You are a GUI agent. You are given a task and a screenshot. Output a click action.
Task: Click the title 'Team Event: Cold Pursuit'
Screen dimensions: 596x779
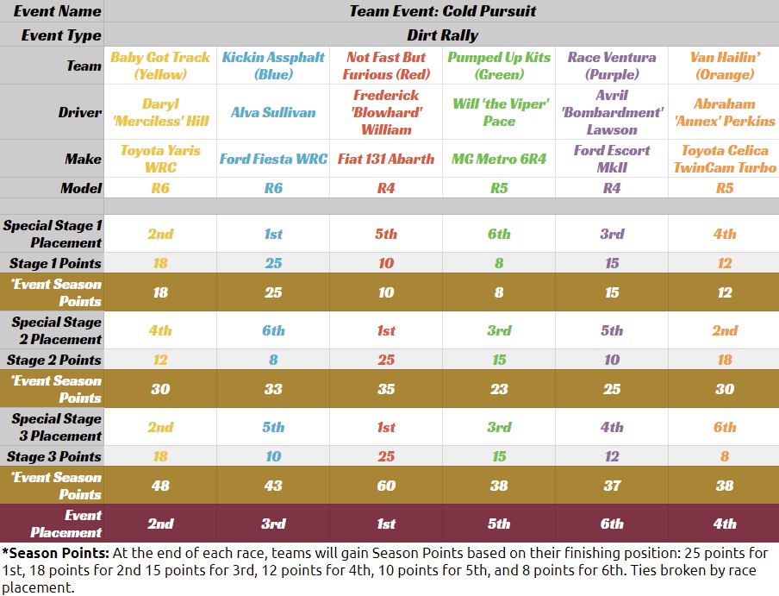pyautogui.click(x=442, y=11)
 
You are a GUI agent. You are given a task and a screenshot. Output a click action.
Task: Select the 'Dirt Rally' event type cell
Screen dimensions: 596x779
pyautogui.click(x=442, y=35)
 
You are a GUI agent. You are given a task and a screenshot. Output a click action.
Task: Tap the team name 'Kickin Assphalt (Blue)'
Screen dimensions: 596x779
pyautogui.click(x=273, y=66)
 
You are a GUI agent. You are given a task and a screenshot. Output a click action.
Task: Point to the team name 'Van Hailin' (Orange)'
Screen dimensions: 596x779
pyautogui.click(x=725, y=66)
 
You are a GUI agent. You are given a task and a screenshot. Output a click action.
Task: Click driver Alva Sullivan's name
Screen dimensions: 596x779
pyautogui.click(x=273, y=112)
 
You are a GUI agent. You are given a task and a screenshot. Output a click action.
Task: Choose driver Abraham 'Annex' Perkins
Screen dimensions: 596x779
pyautogui.click(x=725, y=112)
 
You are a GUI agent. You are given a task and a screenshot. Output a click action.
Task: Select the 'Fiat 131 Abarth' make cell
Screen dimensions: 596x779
pyautogui.click(x=386, y=159)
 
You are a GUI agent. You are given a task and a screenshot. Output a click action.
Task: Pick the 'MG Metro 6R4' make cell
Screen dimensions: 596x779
pyautogui.click(x=499, y=159)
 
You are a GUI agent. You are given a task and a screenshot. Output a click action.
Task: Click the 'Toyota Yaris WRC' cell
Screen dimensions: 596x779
pyautogui.click(x=160, y=159)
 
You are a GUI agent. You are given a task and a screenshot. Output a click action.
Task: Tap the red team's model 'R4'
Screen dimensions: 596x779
pyautogui.click(x=386, y=188)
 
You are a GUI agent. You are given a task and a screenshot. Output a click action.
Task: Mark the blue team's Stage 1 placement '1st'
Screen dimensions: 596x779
pyautogui.click(x=273, y=234)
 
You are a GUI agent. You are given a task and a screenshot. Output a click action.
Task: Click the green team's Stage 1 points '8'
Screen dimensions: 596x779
pyautogui.click(x=499, y=263)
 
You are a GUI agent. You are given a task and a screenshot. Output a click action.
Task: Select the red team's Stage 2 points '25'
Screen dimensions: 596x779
pyautogui.click(x=386, y=360)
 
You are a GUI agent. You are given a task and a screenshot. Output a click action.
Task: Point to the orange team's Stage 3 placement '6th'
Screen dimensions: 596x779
pyautogui.click(x=725, y=427)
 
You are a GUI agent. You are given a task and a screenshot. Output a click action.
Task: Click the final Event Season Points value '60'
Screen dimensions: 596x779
pyautogui.click(x=386, y=486)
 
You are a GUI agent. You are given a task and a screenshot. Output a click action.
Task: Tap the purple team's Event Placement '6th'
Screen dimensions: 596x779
pyautogui.click(x=612, y=524)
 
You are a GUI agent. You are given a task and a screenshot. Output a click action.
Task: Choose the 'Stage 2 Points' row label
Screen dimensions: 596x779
pyautogui.click(x=55, y=360)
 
